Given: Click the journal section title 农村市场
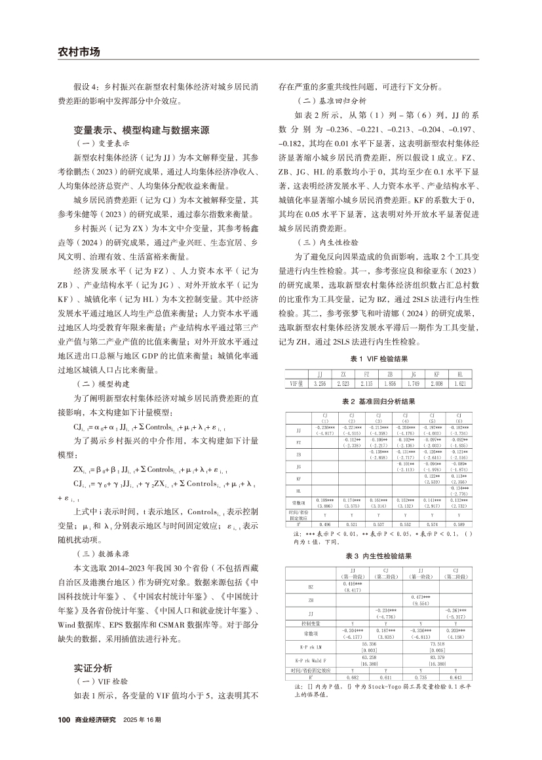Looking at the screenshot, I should (x=78, y=52).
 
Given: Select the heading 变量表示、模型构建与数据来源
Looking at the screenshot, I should (x=141, y=130).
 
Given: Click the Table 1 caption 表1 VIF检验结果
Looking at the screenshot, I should (x=379, y=358).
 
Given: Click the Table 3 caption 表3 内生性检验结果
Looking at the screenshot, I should (x=379, y=556).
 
